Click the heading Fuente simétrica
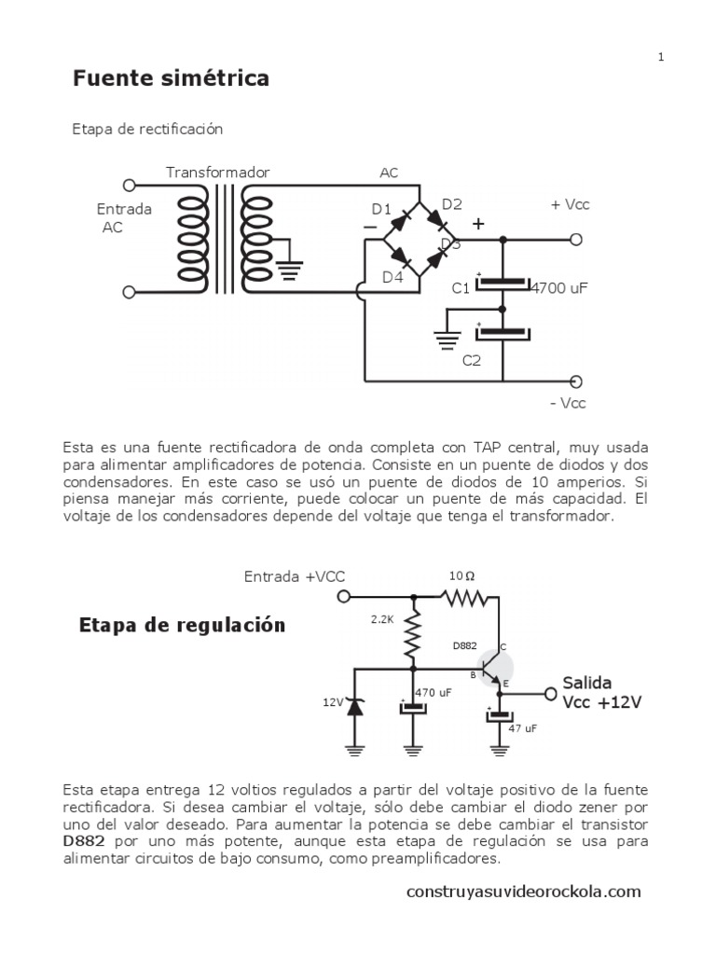point(172,78)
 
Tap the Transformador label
point(218,173)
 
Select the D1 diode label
point(381,209)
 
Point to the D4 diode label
point(392,276)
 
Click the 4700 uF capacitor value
point(559,288)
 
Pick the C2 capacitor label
point(472,361)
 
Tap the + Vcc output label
point(571,204)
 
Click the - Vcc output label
point(568,403)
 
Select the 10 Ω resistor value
point(462,576)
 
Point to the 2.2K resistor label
point(383,618)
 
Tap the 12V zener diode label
point(334,703)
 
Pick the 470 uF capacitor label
point(433,693)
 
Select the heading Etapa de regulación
point(181,625)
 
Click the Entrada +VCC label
point(295,576)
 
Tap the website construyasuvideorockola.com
point(524,892)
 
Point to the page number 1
point(661,57)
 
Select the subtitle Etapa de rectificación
point(147,129)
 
